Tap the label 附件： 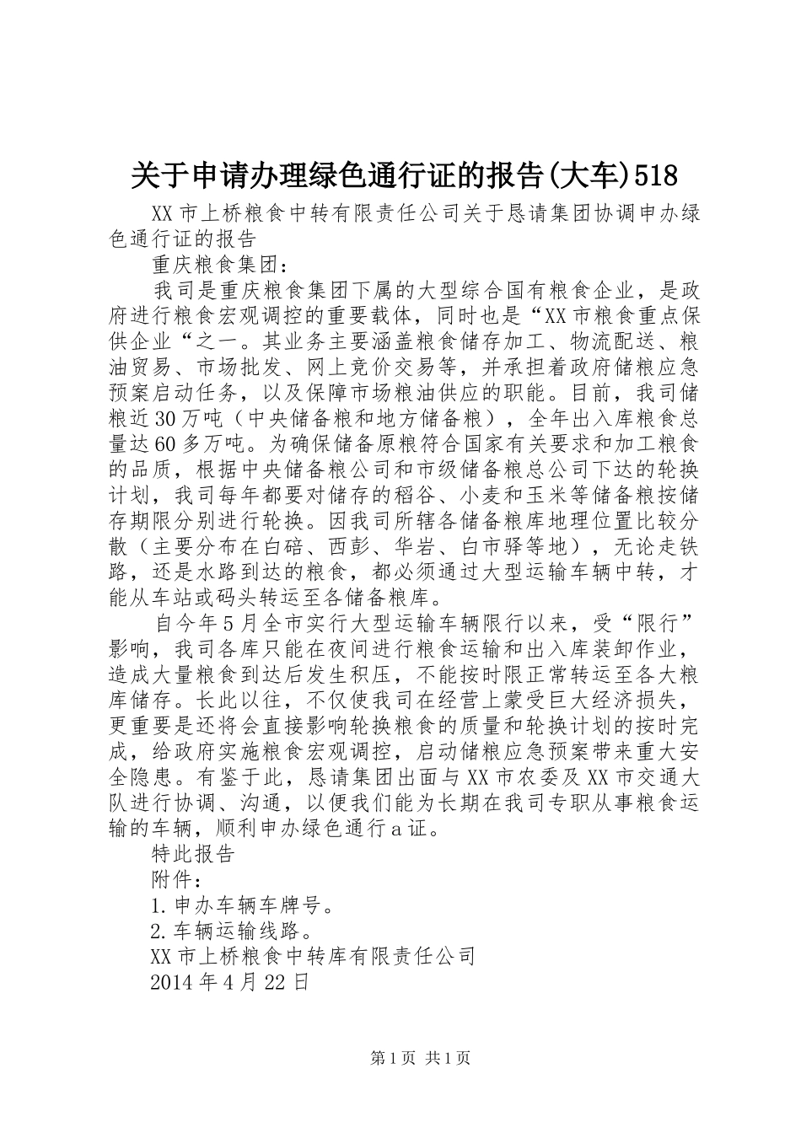tap(175, 878)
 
